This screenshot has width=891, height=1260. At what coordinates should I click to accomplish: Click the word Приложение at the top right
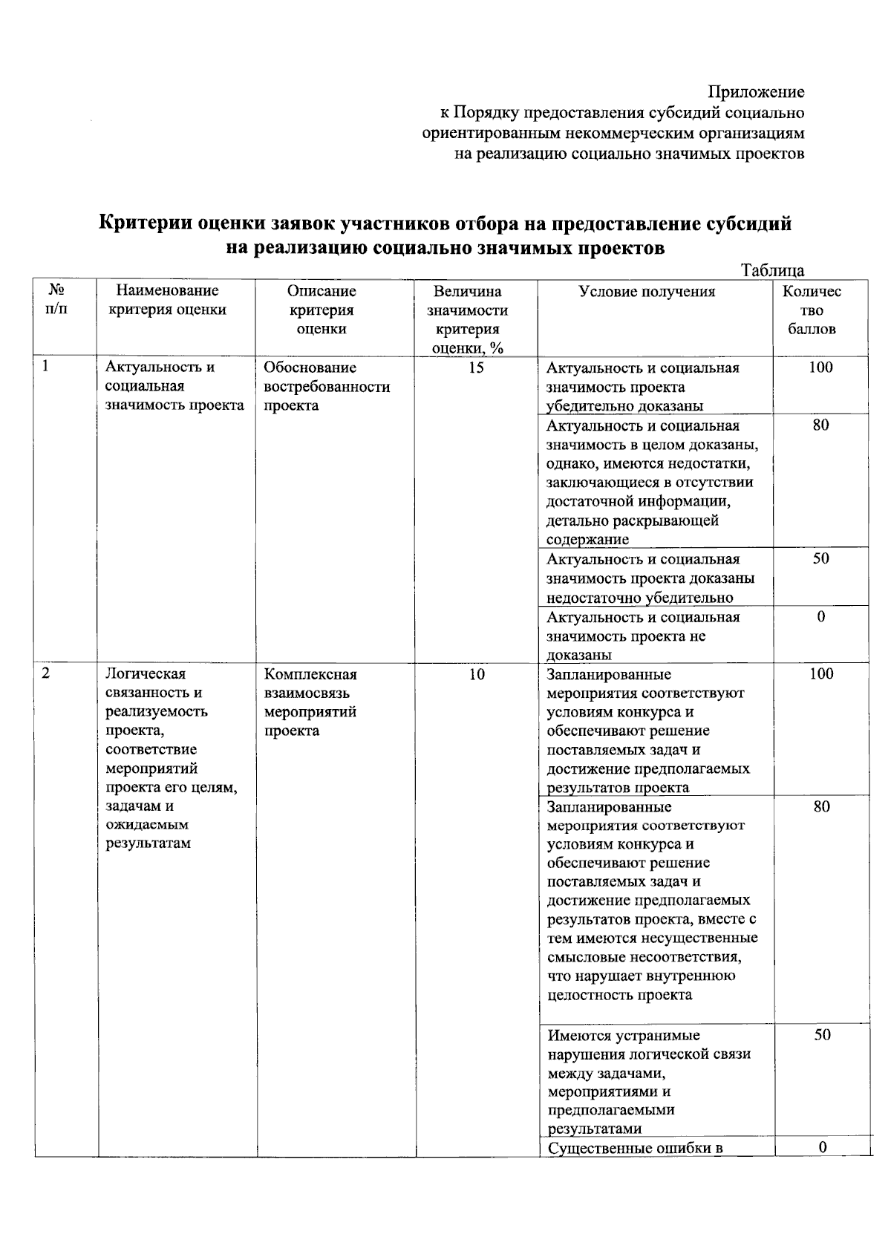756,92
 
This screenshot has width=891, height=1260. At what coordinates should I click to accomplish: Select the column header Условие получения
647,292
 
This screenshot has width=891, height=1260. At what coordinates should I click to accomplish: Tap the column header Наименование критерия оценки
168,300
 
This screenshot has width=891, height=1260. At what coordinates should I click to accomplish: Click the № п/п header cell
56,300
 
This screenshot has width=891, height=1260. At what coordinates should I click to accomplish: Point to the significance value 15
476,368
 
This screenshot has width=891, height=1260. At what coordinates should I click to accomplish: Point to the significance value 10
476,674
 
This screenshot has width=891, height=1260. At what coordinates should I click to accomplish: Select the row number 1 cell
47,366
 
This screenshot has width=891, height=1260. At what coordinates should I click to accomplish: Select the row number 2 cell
47,673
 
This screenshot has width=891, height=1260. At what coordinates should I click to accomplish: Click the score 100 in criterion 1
820,368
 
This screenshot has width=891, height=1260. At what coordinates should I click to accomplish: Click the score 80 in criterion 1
820,425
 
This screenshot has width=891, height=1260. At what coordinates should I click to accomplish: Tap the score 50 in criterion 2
821,1035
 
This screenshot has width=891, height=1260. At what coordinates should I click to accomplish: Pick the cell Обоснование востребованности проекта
327,386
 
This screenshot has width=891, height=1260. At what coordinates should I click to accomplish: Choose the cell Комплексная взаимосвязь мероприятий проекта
311,702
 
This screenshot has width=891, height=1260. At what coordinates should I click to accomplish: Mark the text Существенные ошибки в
635,1149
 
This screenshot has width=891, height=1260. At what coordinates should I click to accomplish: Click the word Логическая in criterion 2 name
145,674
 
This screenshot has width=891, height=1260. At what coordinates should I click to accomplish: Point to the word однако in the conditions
569,464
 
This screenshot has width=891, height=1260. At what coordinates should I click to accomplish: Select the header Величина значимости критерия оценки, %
468,320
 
